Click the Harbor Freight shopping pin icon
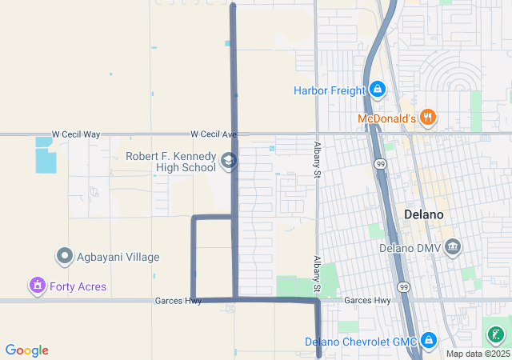click(377, 90)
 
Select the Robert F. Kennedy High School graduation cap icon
click(229, 161)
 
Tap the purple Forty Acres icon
click(36, 286)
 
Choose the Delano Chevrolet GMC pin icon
click(430, 342)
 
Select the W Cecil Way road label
click(76, 134)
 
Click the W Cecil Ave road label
click(214, 134)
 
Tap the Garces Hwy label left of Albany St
click(178, 301)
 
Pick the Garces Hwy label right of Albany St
click(367, 301)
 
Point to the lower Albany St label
click(317, 273)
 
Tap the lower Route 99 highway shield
click(403, 286)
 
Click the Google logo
click(27, 350)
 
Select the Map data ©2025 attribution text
click(478, 354)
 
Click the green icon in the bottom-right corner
click(497, 335)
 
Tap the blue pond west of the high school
click(46, 158)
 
